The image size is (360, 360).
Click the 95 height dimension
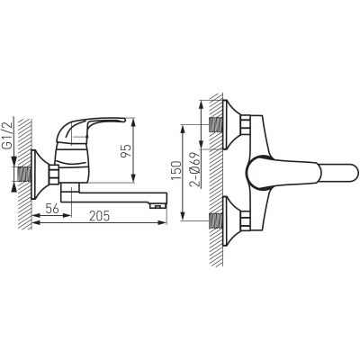point(125,151)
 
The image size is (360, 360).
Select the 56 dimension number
point(52,208)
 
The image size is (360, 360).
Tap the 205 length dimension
point(100,216)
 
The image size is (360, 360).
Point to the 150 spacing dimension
point(176,170)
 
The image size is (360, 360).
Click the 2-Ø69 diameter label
point(195,169)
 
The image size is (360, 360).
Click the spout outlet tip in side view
point(157,205)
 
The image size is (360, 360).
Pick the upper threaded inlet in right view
point(215,124)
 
